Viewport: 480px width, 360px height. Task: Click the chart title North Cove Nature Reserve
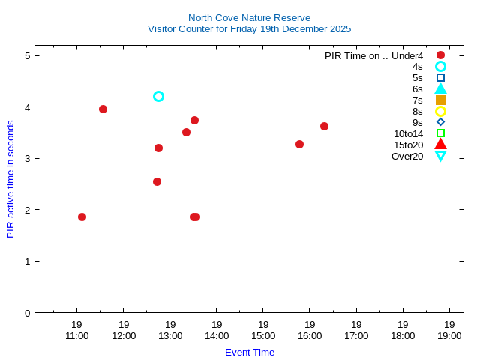tap(249, 17)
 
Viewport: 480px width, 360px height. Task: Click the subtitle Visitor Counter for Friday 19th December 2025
tap(249, 29)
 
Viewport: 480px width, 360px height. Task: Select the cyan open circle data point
tap(158, 96)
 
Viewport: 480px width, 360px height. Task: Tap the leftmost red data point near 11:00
tap(82, 217)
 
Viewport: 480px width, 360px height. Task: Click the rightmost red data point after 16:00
tap(324, 126)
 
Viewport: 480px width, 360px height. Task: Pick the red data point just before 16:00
tap(299, 144)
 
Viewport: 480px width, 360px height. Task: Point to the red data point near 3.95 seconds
tap(103, 109)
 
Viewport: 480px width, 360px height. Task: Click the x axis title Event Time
tap(249, 352)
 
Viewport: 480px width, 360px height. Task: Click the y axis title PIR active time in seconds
tap(10, 179)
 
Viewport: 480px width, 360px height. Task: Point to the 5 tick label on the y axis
tap(27, 55)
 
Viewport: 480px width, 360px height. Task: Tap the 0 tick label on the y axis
tap(27, 313)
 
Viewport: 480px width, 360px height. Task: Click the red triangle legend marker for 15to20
tap(440, 145)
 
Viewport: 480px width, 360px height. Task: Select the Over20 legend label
tap(407, 156)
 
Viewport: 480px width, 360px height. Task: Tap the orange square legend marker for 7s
tap(440, 100)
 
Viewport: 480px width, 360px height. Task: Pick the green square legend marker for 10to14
tap(440, 133)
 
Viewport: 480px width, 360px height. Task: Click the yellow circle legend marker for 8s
tap(440, 111)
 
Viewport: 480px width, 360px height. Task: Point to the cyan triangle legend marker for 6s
tap(440, 88)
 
